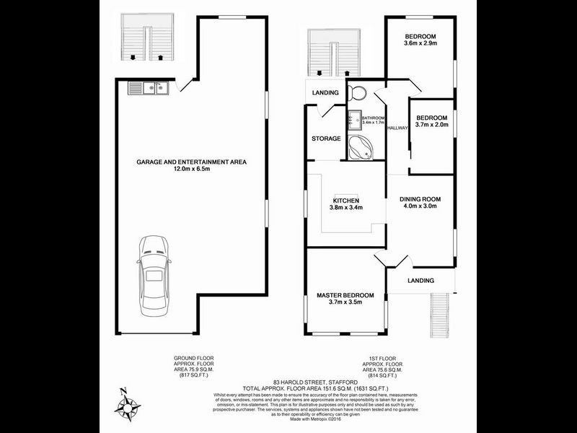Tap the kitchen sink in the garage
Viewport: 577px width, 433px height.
click(149, 88)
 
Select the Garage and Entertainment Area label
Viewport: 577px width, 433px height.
click(191, 162)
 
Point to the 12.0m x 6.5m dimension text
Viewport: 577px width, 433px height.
click(191, 170)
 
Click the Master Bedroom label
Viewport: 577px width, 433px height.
click(345, 295)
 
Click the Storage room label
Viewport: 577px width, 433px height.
click(326, 139)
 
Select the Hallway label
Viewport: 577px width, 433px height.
click(397, 128)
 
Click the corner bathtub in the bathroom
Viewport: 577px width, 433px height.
click(360, 148)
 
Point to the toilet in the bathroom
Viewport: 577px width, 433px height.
click(356, 95)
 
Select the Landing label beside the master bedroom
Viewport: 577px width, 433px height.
click(420, 281)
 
